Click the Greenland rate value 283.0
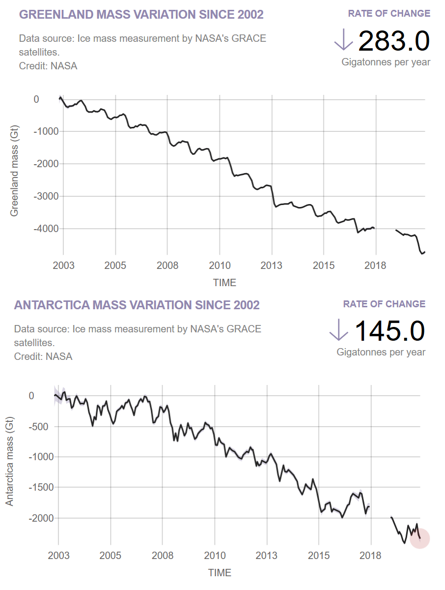coord(394,41)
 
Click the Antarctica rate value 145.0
coord(389,331)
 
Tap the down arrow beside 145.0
coord(339,330)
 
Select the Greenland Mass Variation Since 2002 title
coord(141,15)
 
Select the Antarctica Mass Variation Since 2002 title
coord(137,305)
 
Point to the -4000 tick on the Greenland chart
coord(46,229)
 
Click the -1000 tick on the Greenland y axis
coord(46,131)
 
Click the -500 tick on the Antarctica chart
coord(38,427)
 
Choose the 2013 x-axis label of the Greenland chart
coord(271,265)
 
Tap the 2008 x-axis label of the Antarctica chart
coord(163,556)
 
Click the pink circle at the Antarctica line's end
coord(420,538)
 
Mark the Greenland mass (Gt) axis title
coord(14,171)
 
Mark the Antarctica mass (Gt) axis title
coord(9,462)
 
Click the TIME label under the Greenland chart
coord(224,283)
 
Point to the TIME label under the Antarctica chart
coord(220,573)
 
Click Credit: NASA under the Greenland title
coord(48,66)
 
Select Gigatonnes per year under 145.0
coord(381,352)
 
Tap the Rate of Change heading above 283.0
coord(389,13)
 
